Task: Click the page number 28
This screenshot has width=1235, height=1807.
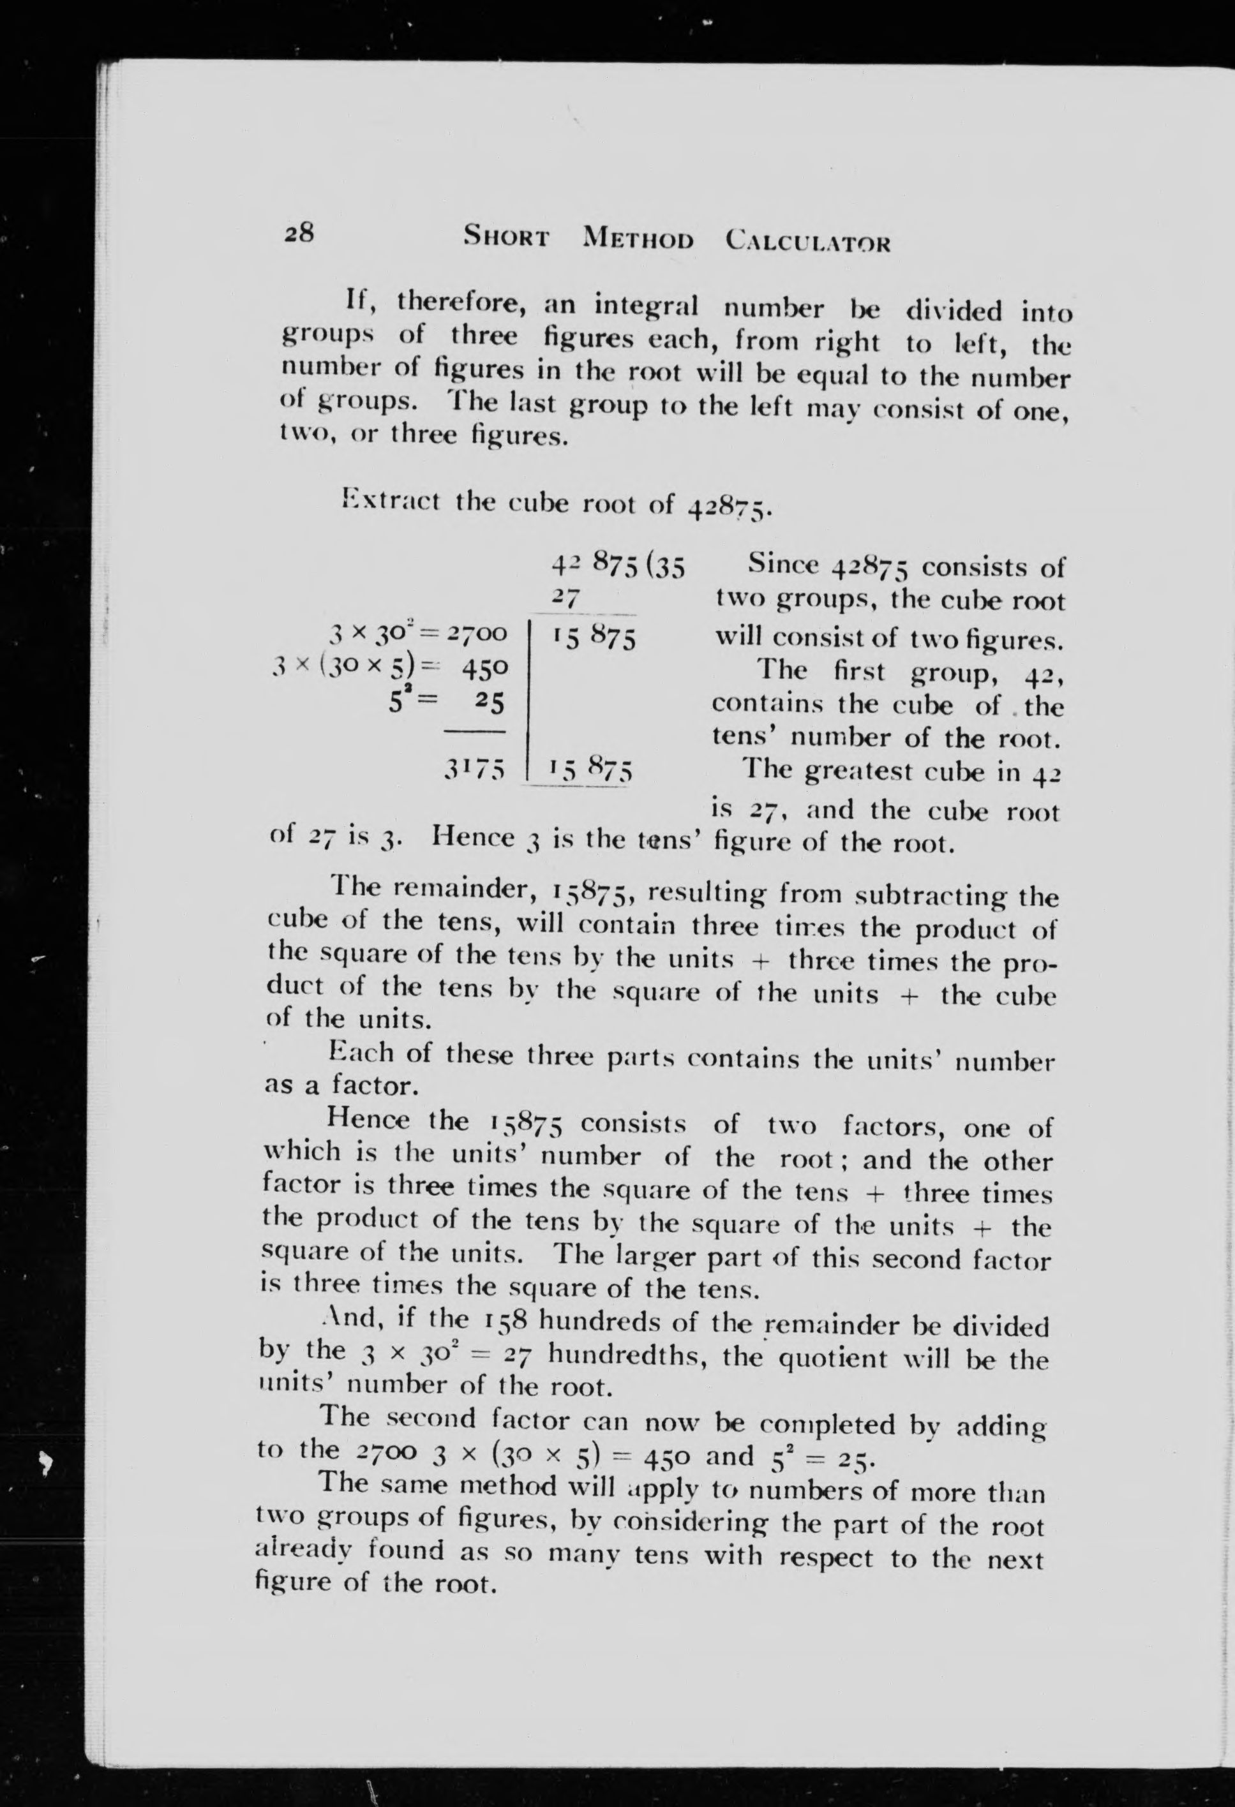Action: (299, 232)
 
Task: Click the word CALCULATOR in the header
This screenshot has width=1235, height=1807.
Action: (807, 241)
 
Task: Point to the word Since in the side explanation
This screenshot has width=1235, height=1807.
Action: (784, 565)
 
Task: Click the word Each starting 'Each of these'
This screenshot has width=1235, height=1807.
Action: (361, 1053)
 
